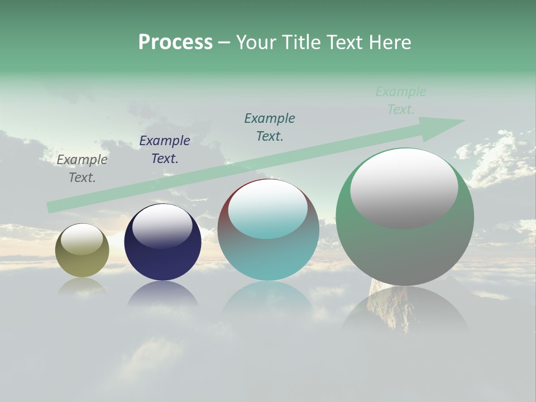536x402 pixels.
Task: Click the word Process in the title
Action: click(x=175, y=42)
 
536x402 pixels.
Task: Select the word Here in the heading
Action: click(x=389, y=42)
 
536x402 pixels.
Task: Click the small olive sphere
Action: click(x=82, y=262)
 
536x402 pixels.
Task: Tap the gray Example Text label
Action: click(x=82, y=169)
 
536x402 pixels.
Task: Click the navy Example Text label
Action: click(x=165, y=150)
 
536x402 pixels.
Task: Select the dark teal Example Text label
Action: click(x=270, y=127)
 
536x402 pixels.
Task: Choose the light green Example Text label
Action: click(x=401, y=100)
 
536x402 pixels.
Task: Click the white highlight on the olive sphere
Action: click(x=82, y=239)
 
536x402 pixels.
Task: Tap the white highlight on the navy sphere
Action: click(x=162, y=226)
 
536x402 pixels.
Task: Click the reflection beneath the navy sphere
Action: click(x=162, y=294)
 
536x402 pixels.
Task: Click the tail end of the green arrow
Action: click(x=49, y=208)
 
